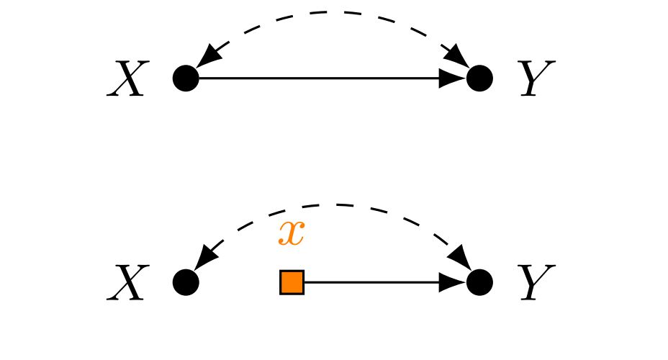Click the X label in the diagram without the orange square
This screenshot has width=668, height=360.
[127, 78]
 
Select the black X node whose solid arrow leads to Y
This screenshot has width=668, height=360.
[186, 78]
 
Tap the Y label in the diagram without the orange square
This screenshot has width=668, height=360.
[536, 78]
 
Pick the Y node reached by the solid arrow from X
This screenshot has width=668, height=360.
[479, 78]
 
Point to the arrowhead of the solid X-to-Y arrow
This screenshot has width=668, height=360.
[453, 78]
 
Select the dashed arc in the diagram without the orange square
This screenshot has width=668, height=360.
[331, 13]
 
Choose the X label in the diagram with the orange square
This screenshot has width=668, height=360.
[127, 282]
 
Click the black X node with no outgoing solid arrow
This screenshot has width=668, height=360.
[186, 282]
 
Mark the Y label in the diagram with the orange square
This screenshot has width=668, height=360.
[536, 282]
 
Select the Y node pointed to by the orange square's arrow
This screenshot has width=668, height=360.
[479, 282]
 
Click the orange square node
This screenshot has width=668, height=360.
[292, 282]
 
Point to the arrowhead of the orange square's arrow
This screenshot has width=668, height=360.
[453, 282]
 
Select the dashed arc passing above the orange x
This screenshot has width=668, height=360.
[331, 205]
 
